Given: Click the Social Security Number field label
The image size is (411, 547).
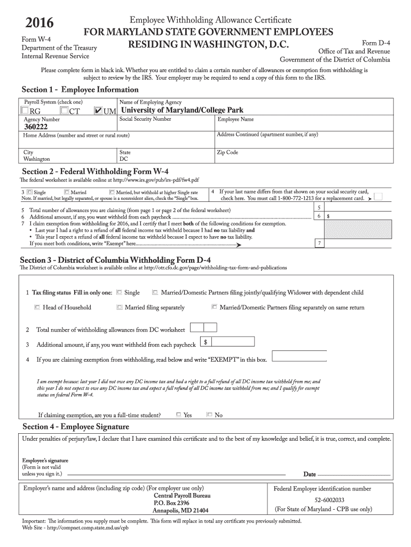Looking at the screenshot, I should click(x=145, y=119).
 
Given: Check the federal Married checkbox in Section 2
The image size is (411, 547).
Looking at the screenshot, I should click(x=66, y=192).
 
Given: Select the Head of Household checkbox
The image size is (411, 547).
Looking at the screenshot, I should click(x=37, y=307).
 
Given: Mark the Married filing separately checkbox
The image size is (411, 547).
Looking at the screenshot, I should click(x=119, y=307).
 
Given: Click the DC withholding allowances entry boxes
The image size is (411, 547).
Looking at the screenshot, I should click(x=203, y=327).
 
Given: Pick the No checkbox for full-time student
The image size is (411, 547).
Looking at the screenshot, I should click(x=209, y=415).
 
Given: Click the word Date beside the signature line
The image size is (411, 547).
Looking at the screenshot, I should click(x=310, y=474).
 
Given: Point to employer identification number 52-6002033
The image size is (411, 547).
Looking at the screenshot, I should click(x=322, y=500).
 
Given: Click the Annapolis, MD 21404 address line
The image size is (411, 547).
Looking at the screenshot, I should click(x=180, y=510).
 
